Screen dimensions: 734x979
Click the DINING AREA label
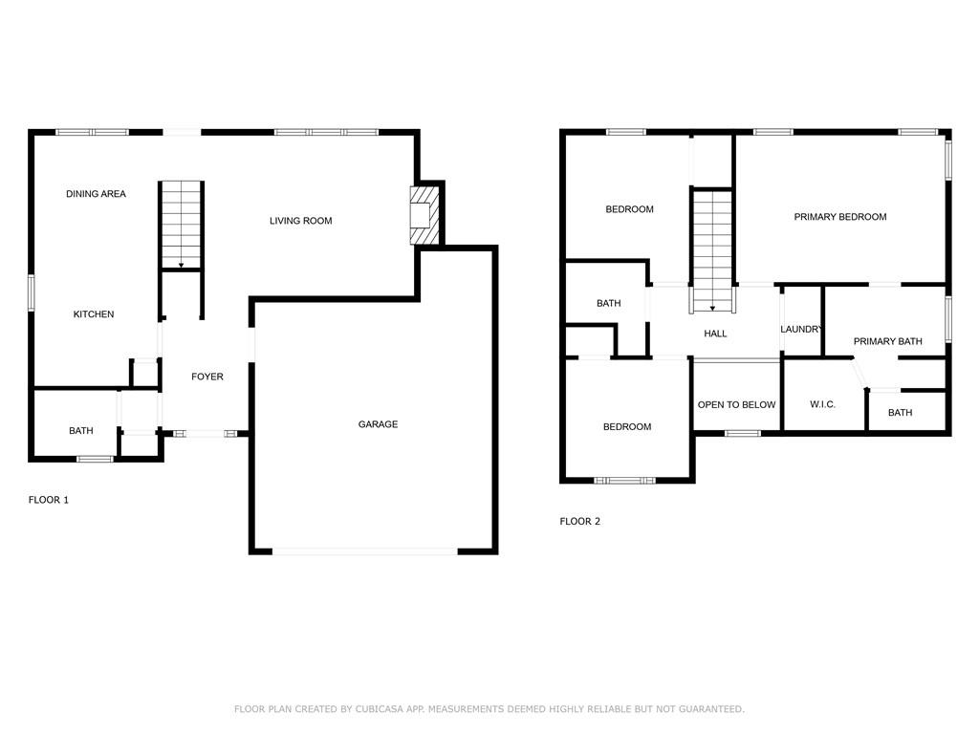(96, 194)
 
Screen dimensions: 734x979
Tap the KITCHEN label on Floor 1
(94, 314)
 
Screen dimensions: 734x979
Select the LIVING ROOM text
(300, 221)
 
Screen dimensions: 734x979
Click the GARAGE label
(378, 424)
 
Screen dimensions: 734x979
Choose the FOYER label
(207, 377)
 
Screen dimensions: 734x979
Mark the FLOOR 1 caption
(49, 500)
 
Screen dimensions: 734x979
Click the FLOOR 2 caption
(580, 522)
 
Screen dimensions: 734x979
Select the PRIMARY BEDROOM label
(840, 217)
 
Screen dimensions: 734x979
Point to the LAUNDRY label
(801, 330)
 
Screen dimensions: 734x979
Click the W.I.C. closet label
(822, 404)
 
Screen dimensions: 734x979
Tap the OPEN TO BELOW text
(736, 404)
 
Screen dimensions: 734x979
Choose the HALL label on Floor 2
(715, 334)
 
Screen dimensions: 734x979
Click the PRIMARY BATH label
(887, 341)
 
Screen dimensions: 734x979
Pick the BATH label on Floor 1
(81, 431)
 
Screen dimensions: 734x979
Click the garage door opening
(364, 550)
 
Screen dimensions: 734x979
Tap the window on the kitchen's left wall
(32, 292)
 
